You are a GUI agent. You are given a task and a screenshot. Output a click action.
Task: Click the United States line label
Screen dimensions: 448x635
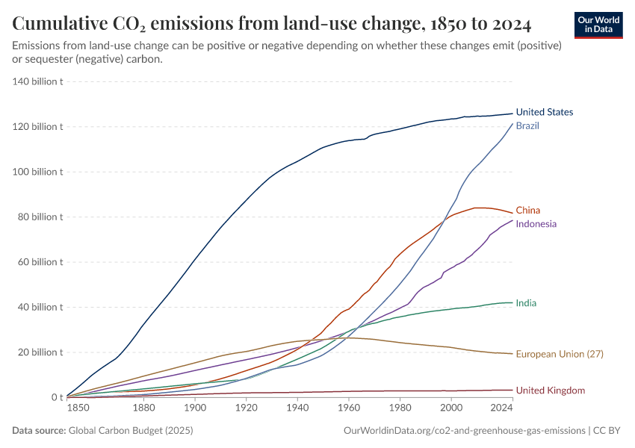[545, 112]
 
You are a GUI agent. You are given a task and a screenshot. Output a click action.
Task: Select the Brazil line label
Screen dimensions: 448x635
[527, 125]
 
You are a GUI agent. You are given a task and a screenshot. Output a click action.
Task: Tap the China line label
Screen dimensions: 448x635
[527, 211]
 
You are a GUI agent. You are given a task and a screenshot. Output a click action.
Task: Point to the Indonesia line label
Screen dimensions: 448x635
[536, 224]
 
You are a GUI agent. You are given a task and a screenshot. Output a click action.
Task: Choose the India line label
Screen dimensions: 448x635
[526, 303]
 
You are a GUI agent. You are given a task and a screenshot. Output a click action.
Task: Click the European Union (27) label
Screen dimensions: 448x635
[560, 354]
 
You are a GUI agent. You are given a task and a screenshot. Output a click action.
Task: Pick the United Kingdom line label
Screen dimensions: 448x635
[551, 391]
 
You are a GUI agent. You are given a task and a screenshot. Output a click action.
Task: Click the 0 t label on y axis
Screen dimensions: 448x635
[56, 397]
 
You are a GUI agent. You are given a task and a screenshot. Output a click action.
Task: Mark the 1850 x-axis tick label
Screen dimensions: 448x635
[77, 408]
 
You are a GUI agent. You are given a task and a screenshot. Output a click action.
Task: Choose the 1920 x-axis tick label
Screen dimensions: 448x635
[246, 408]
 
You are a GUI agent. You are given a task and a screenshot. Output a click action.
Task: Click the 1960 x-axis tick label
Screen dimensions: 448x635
[348, 408]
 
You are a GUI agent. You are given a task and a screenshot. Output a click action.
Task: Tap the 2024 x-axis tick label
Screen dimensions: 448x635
[501, 408]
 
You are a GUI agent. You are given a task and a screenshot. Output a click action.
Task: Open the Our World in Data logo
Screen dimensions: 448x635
[598, 25]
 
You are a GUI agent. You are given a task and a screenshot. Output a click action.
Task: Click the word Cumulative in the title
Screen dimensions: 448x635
[61, 25]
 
